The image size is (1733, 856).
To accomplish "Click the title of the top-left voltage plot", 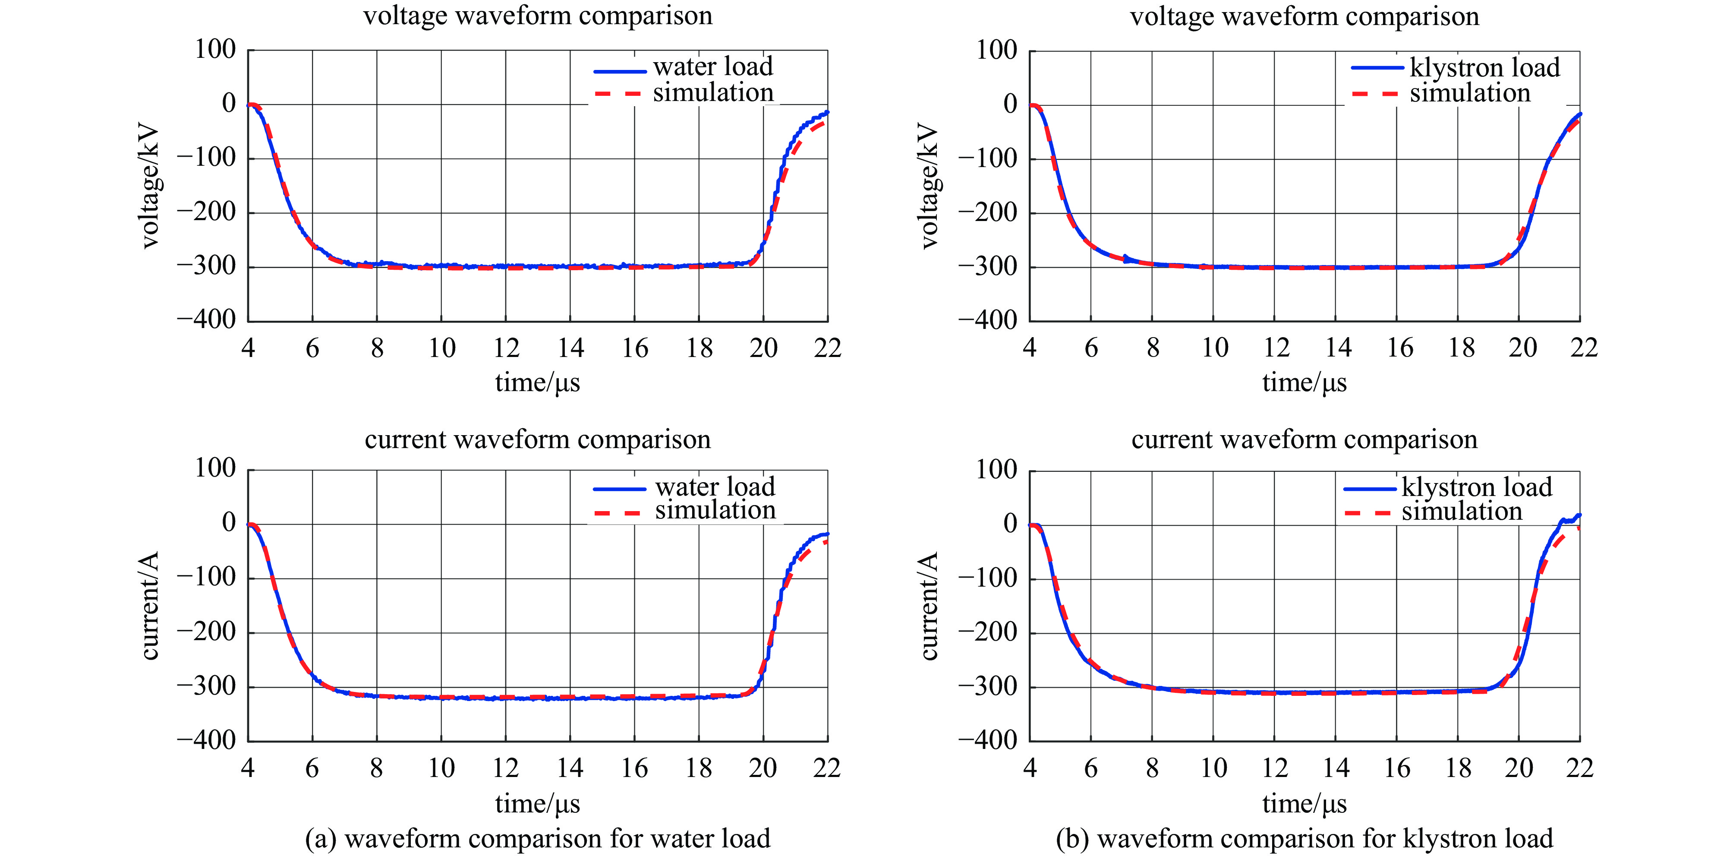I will (x=538, y=16).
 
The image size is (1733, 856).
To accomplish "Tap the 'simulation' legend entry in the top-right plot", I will (x=1469, y=93).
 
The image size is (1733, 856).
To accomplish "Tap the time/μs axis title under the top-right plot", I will (x=1304, y=382).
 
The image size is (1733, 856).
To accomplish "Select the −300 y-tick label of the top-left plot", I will (x=207, y=266).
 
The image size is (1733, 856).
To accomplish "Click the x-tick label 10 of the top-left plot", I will (x=442, y=348).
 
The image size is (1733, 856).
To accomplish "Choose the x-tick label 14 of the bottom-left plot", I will (x=570, y=768).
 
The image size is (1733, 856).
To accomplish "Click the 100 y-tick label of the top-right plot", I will (x=996, y=50).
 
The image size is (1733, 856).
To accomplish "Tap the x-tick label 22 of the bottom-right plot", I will (x=1579, y=768).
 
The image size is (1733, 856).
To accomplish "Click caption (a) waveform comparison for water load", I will (x=538, y=838).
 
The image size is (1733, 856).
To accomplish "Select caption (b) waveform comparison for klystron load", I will (x=1304, y=838).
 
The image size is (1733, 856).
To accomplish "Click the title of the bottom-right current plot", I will (x=1304, y=439).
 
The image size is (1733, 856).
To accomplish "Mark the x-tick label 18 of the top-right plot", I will (x=1461, y=348).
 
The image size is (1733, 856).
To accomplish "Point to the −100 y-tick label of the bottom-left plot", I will (x=207, y=578).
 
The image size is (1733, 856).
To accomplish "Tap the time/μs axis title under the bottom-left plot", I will (x=538, y=803).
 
